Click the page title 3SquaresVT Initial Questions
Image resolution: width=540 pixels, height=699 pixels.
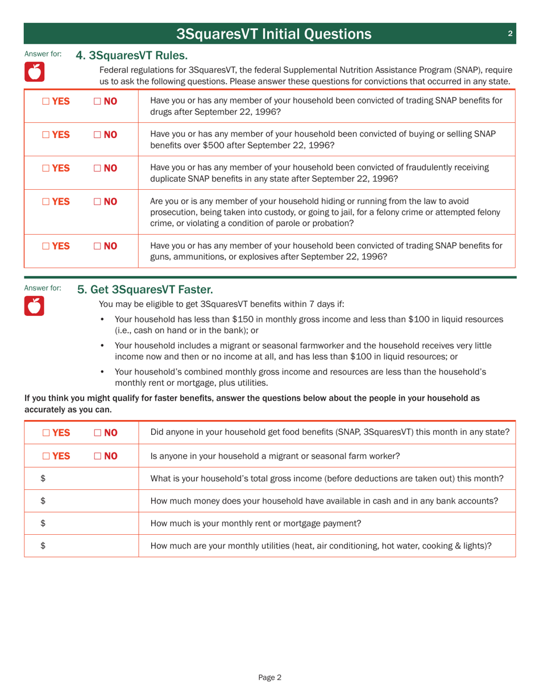274,34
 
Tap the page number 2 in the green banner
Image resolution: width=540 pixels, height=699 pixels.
510,34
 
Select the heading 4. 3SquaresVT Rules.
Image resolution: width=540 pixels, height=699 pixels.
131,56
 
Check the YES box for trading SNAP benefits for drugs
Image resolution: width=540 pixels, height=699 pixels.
46,101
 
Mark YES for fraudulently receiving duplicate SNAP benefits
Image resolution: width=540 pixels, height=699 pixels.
46,168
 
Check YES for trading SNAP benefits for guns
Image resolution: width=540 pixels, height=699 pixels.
46,246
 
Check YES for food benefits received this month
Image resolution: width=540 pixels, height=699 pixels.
46,432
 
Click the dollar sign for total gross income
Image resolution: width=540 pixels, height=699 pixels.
43,479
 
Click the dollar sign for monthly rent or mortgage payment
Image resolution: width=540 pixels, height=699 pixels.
43,523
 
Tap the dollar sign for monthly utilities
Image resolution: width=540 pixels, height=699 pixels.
43,546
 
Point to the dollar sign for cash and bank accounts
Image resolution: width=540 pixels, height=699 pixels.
43,501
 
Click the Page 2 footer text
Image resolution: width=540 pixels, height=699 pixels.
270,677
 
